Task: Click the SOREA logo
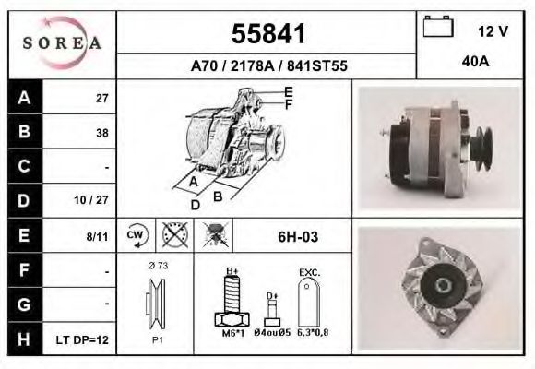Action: [61, 42]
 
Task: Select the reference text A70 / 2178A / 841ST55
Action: [267, 65]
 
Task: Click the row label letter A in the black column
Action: [24, 97]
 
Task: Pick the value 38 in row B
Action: [101, 132]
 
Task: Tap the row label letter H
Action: [24, 339]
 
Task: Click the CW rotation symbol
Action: [135, 236]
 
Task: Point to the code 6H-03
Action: [298, 237]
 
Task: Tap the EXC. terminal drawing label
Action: [309, 273]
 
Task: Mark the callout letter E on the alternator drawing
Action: [289, 91]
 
